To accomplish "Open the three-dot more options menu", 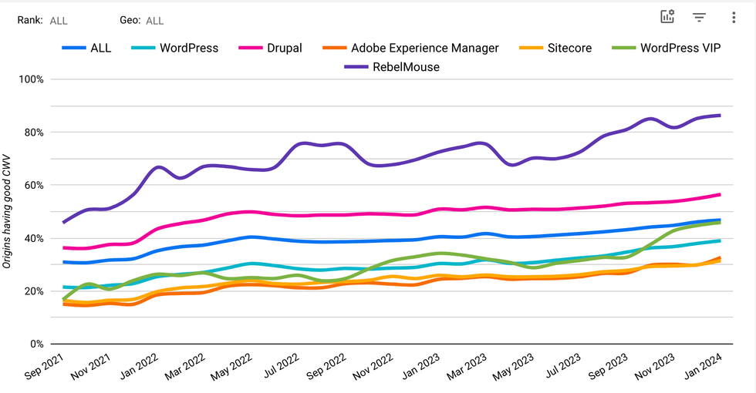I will (733, 17).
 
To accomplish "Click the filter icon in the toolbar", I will (700, 17).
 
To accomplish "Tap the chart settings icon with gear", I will (667, 17).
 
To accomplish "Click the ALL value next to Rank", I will (59, 21).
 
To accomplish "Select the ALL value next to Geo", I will (154, 21).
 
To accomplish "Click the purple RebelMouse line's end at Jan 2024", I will (720, 116).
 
